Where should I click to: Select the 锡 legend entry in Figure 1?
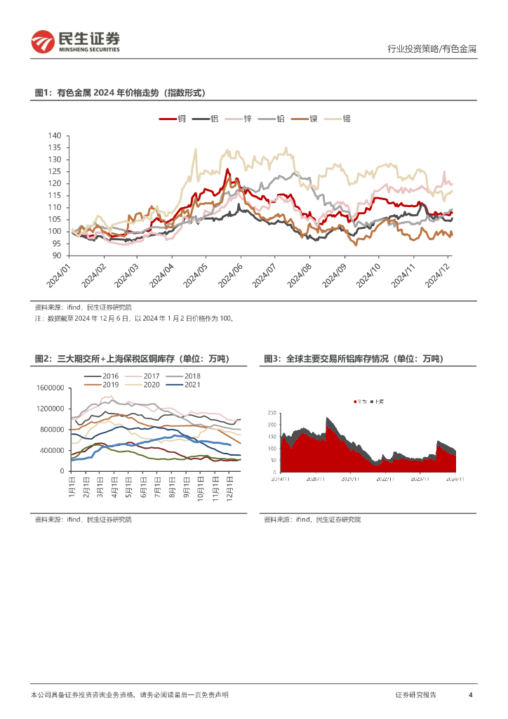339,119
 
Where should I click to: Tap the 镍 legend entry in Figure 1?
305,119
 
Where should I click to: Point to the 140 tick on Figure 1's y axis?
55,136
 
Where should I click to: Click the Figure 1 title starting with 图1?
119,93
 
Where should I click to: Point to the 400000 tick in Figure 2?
51,450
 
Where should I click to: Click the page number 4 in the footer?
470,694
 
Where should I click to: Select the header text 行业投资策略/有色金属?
432,49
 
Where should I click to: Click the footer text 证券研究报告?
415,694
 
